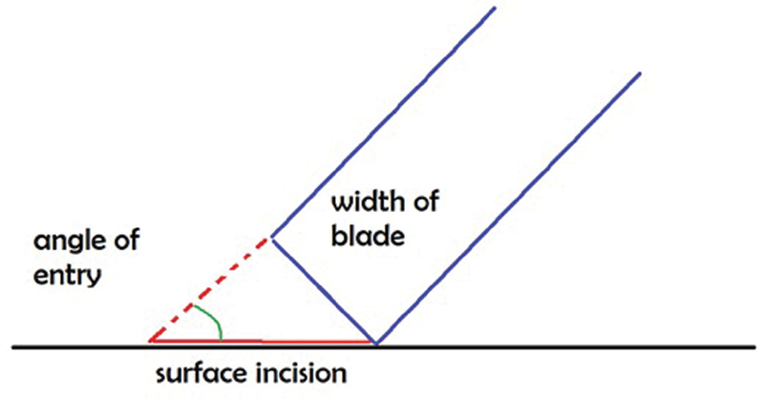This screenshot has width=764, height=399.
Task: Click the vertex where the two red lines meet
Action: [149, 340]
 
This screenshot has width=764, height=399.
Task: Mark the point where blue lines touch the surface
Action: [374, 342]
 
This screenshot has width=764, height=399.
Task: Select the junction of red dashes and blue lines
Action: [272, 237]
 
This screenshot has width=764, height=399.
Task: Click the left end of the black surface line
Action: [13, 345]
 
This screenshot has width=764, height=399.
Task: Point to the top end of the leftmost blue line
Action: [495, 9]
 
